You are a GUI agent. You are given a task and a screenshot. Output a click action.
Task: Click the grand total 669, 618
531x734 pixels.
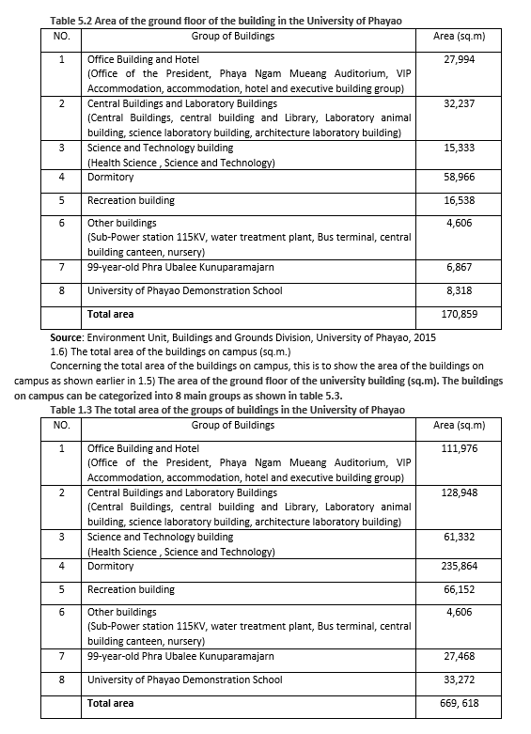point(460,703)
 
